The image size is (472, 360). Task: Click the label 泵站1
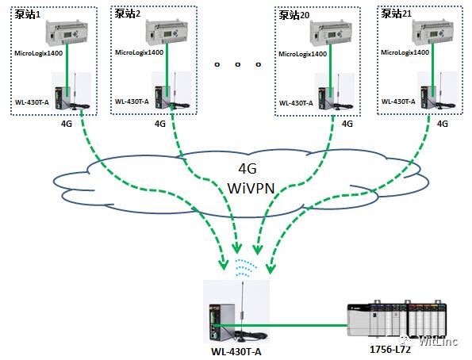pos(28,14)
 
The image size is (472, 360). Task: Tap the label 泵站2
pos(128,13)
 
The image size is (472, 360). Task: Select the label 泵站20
pos(294,15)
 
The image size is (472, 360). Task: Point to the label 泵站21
pos(396,13)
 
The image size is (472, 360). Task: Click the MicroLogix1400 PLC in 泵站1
pos(67,33)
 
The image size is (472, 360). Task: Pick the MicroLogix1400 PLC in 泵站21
pos(433,33)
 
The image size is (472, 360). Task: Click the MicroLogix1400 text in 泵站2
pos(139,52)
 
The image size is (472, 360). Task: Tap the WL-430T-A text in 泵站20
pos(296,103)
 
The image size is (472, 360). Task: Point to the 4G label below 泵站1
pos(67,124)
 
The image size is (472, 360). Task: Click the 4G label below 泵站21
pos(442,124)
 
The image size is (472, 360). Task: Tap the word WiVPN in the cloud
pos(251,189)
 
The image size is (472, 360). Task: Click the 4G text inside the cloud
pos(248,169)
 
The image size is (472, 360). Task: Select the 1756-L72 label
pos(390,350)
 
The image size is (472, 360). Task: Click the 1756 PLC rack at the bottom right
pos(397,320)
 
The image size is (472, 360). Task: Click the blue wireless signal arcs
pos(246,267)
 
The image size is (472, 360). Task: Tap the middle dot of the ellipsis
pos(238,64)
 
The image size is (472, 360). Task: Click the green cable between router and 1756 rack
pos(280,325)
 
